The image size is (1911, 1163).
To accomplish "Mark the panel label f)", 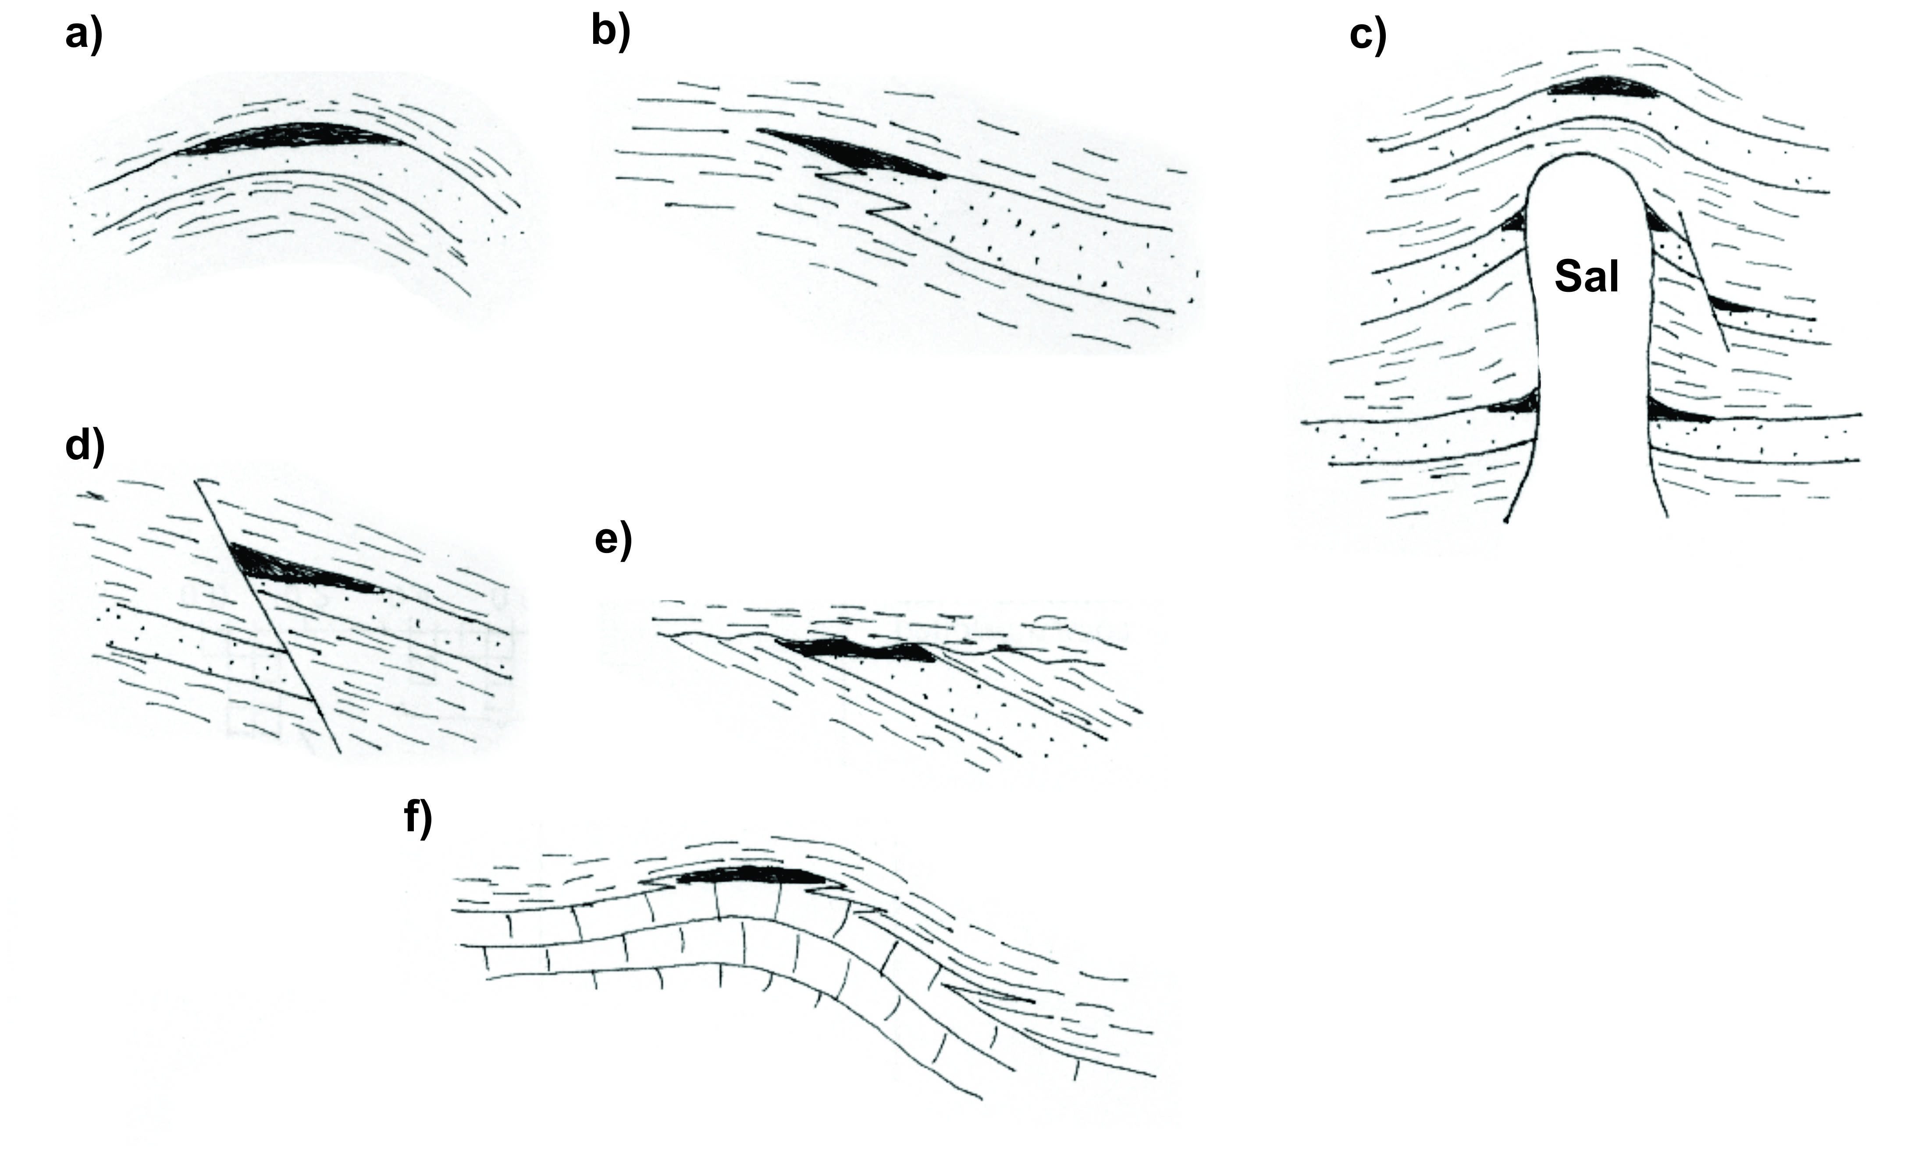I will [418, 818].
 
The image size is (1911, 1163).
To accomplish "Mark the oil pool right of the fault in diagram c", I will [1730, 305].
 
